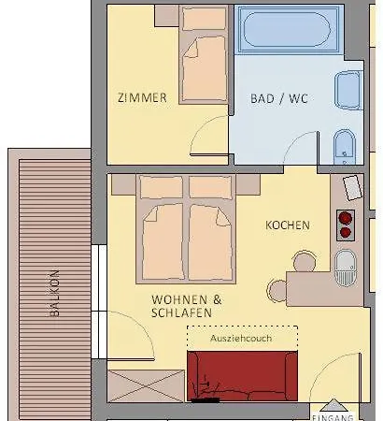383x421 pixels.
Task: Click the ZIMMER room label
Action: point(142,97)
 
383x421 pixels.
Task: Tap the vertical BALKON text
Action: point(54,294)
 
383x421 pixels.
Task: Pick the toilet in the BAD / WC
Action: point(344,148)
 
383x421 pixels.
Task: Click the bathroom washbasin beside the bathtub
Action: point(347,90)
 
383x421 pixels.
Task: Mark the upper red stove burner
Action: point(346,215)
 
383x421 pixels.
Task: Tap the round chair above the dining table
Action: point(304,259)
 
